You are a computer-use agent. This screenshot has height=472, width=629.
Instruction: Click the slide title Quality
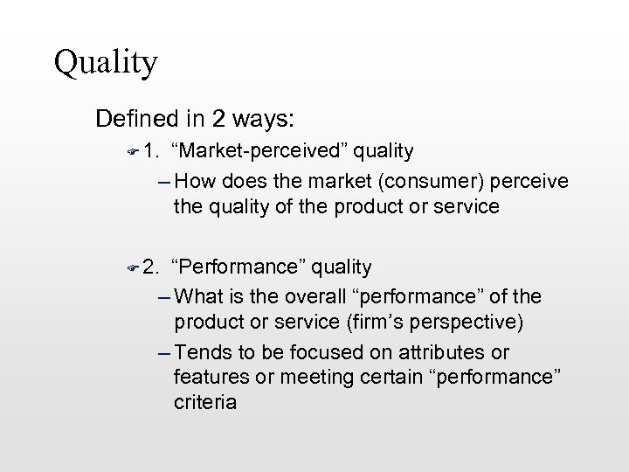[x=105, y=62]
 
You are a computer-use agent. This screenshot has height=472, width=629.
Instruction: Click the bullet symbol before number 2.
[x=131, y=267]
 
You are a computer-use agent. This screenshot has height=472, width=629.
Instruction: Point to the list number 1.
[x=149, y=151]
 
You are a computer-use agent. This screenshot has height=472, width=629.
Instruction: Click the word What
[x=203, y=296]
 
